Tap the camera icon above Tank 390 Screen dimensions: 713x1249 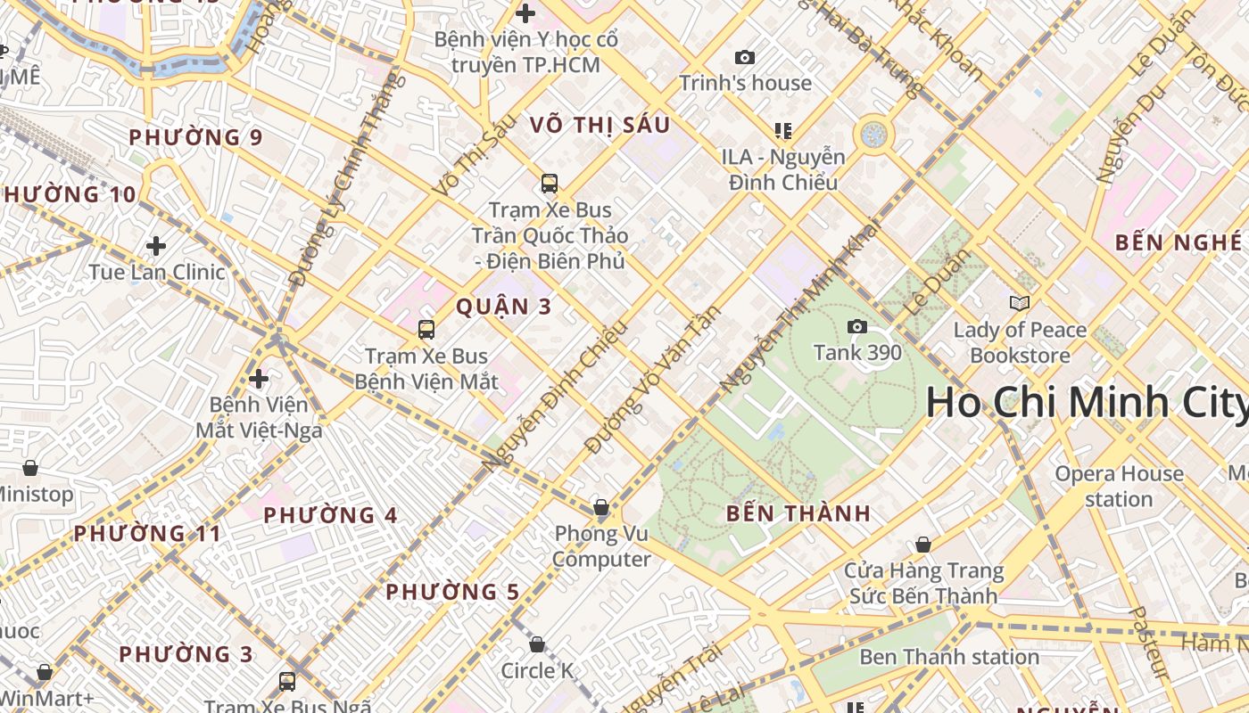(x=857, y=327)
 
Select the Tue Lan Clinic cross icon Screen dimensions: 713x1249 (x=156, y=246)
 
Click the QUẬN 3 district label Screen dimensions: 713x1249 (x=504, y=307)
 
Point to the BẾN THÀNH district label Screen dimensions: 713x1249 (x=798, y=513)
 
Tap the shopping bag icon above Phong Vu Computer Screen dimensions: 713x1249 (x=601, y=508)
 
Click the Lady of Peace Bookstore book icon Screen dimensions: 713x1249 (x=1020, y=304)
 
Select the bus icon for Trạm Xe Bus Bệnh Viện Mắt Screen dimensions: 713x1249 (x=426, y=330)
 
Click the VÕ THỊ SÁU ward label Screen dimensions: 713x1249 (x=600, y=125)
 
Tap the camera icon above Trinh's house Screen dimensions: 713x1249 (x=745, y=58)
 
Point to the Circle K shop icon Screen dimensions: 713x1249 (x=537, y=644)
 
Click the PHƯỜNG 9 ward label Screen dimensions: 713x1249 (x=195, y=137)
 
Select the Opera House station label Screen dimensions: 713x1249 (x=1119, y=486)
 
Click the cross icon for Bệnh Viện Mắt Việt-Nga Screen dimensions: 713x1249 (x=259, y=379)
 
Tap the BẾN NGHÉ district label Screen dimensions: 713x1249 (x=1178, y=242)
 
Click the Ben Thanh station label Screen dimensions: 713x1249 (x=949, y=657)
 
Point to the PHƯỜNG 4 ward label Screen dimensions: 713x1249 (x=330, y=515)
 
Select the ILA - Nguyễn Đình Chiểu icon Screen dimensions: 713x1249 (x=783, y=131)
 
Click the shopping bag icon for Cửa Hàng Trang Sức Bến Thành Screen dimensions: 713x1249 (x=923, y=545)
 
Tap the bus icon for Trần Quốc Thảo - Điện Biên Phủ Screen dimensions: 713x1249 (x=550, y=184)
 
